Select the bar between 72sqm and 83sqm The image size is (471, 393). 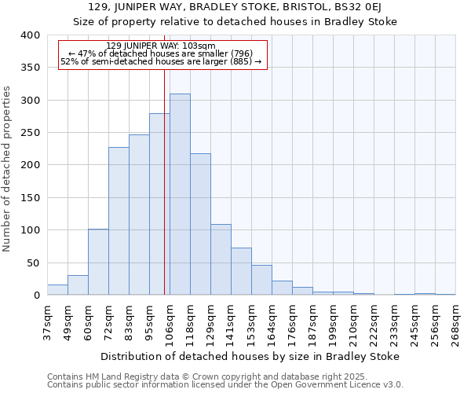(x=119, y=221)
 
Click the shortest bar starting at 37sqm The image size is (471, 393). (x=57, y=290)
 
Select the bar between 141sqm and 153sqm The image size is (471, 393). (x=241, y=271)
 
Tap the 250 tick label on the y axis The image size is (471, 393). (x=30, y=133)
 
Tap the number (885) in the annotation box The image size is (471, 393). (x=239, y=61)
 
